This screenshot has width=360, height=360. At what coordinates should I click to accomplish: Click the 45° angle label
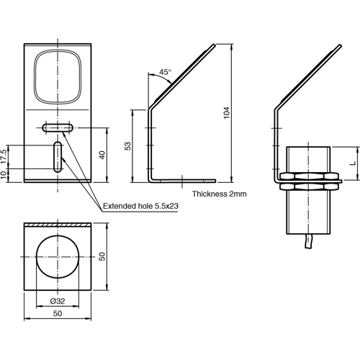click(x=165, y=73)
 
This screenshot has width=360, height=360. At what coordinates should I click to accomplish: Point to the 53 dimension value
click(x=128, y=145)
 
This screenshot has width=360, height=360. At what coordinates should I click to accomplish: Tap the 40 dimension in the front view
click(x=102, y=154)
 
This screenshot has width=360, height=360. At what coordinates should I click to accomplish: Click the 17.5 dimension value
click(x=5, y=157)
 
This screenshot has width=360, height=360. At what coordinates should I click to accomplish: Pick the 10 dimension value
click(x=5, y=175)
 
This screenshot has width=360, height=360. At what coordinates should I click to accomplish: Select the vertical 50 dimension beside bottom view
click(x=103, y=257)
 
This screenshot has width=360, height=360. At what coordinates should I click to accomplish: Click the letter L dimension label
click(x=352, y=162)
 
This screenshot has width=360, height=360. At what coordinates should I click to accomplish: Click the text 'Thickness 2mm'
click(x=220, y=194)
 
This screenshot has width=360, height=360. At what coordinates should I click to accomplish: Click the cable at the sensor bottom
click(x=311, y=245)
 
